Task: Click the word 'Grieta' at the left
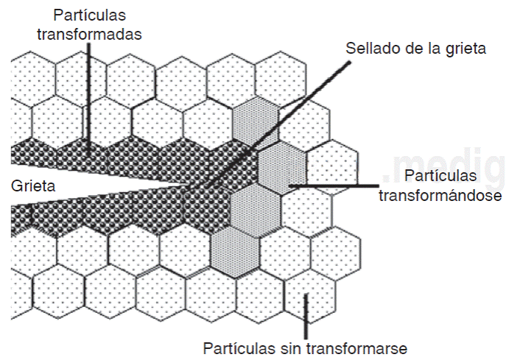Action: coord(32,186)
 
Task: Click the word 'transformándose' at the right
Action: coord(440,197)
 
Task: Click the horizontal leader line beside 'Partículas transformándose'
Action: coord(339,186)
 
